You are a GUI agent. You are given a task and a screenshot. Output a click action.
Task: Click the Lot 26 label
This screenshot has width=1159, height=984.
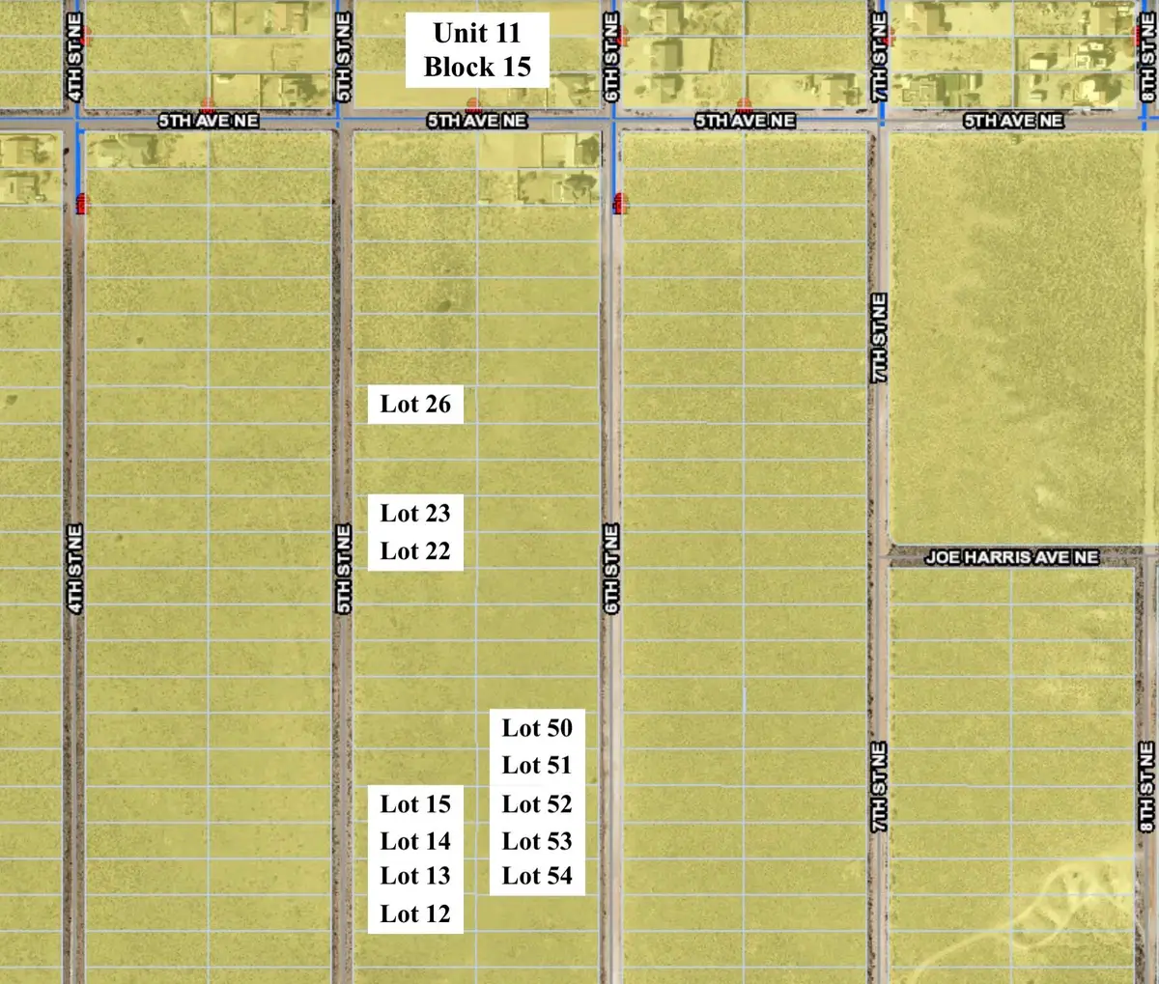tap(415, 405)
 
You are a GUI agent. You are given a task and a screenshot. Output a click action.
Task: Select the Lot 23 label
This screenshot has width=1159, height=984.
tap(415, 514)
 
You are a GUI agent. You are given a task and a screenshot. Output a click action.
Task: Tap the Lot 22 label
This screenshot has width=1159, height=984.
tap(415, 551)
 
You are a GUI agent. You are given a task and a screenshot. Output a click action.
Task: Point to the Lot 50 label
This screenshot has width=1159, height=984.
tap(537, 728)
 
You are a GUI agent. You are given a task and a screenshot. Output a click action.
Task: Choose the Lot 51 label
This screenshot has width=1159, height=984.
tap(537, 766)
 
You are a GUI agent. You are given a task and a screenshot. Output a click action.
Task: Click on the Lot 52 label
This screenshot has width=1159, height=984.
tap(537, 804)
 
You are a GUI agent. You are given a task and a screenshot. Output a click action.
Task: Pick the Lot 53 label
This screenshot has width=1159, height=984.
tap(537, 841)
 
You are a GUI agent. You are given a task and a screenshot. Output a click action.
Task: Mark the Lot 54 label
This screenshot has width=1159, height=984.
tap(537, 876)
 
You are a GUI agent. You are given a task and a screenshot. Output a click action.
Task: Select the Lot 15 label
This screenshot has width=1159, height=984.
tap(415, 804)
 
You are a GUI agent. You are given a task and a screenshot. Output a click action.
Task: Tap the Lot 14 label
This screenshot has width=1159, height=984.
tap(415, 841)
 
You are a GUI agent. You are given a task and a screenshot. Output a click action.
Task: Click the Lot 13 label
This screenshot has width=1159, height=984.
tap(415, 876)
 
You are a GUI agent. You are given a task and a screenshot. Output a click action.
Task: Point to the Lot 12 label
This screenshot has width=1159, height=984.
tap(415, 914)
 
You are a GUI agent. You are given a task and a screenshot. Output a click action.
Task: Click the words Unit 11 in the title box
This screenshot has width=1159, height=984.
tap(477, 33)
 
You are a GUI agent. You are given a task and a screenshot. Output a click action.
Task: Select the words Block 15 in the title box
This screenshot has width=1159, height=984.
tap(477, 67)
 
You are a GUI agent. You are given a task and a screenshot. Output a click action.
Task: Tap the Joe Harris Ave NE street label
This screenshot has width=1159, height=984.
tap(1011, 557)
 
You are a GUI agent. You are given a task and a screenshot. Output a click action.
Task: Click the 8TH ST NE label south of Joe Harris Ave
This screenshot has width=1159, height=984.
tap(1146, 786)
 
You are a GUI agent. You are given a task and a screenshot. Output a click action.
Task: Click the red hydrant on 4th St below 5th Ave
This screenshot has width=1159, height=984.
tap(81, 203)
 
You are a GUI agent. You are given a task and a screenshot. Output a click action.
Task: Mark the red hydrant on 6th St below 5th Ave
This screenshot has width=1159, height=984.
tap(619, 203)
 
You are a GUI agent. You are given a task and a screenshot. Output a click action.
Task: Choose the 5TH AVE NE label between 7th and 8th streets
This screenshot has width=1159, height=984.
tap(1013, 121)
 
